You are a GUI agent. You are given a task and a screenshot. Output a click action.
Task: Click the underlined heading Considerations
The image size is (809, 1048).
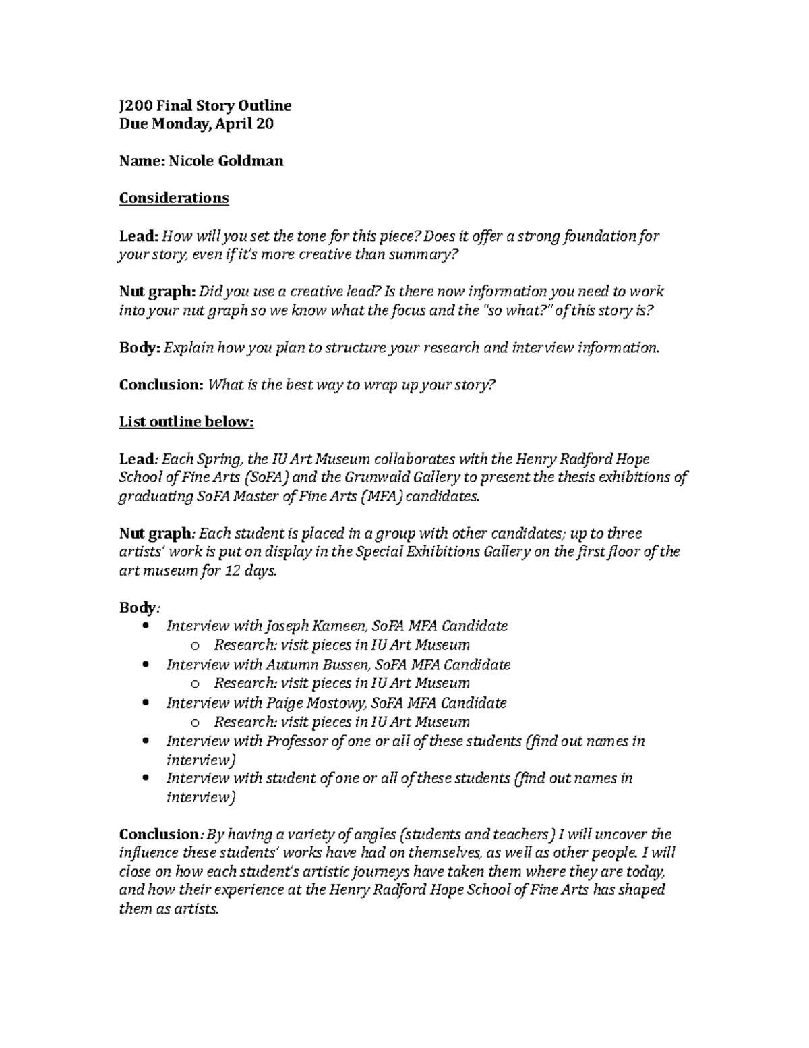click(174, 198)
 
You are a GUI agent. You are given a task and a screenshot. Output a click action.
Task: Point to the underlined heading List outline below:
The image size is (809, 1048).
click(187, 422)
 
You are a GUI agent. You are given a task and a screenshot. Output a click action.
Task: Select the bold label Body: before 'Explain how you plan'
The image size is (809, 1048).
click(140, 348)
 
